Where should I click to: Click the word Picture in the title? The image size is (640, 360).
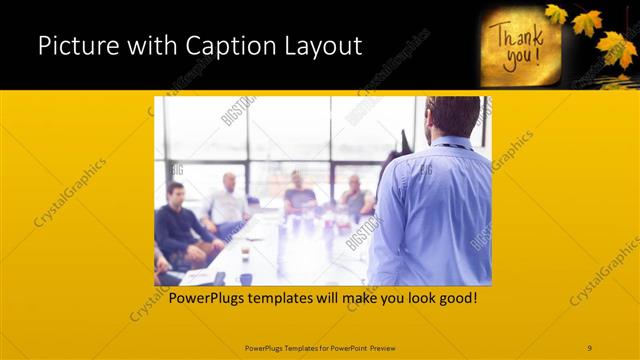[76, 46]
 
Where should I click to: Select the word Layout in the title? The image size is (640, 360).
[323, 46]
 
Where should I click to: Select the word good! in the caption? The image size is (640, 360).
[454, 298]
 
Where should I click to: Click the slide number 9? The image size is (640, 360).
[589, 347]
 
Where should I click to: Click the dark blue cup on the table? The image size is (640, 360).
[245, 279]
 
